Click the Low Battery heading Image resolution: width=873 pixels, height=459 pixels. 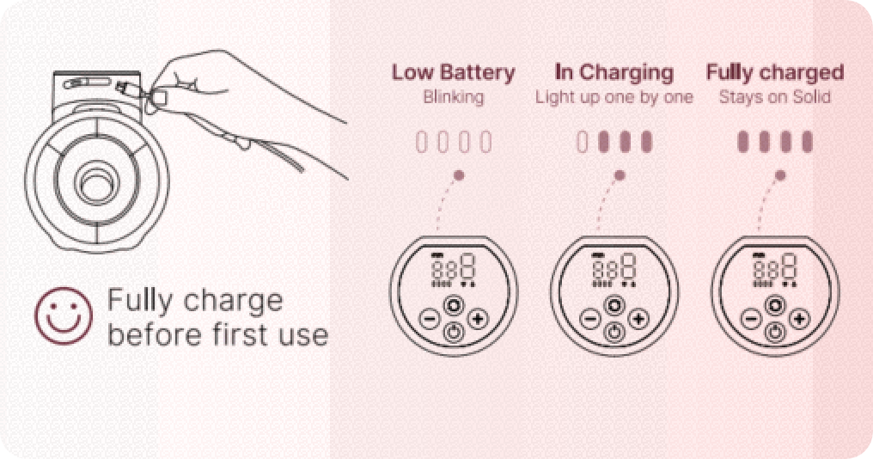click(x=453, y=72)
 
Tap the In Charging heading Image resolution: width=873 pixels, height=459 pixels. click(x=614, y=72)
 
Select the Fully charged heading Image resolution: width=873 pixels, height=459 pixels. click(x=774, y=72)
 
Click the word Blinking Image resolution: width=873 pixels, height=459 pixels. click(x=453, y=97)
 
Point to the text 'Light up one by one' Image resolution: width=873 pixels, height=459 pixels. click(x=614, y=97)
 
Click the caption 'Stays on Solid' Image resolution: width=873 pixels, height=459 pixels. click(x=774, y=97)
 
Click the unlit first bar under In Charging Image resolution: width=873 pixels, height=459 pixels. click(x=583, y=142)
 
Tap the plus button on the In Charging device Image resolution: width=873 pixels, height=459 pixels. click(x=638, y=320)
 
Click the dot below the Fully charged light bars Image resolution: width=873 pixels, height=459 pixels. click(x=780, y=175)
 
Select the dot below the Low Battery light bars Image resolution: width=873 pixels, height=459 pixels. click(x=459, y=175)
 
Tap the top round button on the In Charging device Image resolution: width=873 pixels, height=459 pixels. click(x=614, y=304)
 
